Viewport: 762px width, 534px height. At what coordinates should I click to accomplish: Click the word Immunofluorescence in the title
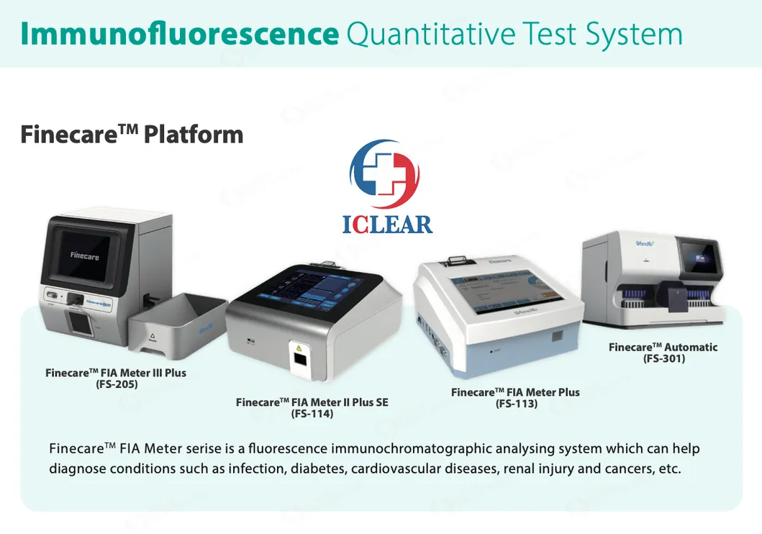[x=179, y=34]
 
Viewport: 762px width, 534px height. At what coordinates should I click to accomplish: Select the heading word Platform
[x=194, y=134]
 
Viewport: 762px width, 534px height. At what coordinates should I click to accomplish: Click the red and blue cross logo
[x=384, y=175]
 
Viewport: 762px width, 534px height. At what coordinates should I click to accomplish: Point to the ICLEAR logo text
[x=387, y=223]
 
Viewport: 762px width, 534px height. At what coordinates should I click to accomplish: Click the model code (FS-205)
[x=116, y=384]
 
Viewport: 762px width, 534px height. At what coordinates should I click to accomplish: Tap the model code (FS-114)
[x=312, y=414]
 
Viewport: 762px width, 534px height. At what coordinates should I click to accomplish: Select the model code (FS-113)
[x=516, y=404]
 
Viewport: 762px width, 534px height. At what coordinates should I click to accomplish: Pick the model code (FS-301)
[x=663, y=358]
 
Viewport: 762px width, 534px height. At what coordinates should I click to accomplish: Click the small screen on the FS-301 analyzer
[x=700, y=257]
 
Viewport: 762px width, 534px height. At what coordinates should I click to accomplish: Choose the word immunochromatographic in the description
[x=412, y=449]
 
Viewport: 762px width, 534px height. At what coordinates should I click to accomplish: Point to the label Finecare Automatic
[x=663, y=347]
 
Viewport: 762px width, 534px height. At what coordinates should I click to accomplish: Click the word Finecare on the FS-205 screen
[x=84, y=255]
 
